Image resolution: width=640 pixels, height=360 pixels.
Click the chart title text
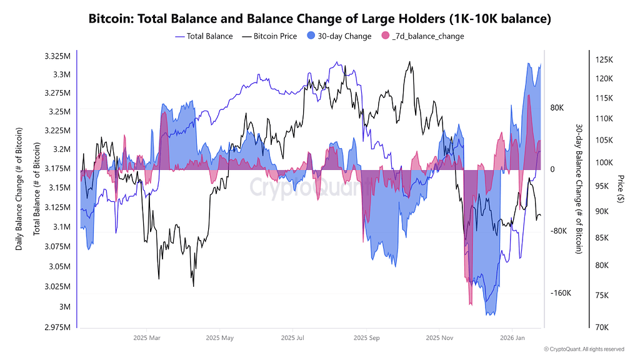319,19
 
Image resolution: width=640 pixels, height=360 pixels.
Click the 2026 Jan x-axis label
512,338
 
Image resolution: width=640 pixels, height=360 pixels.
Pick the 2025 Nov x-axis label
439,338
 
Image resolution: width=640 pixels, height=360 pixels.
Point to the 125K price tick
606,60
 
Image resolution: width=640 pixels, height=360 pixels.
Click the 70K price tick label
604,327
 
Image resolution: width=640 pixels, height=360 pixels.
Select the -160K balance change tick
561,293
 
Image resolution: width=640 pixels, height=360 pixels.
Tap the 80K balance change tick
557,107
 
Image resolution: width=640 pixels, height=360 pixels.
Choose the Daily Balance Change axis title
19,189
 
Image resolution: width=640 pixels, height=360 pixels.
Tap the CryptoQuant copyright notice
583,349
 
